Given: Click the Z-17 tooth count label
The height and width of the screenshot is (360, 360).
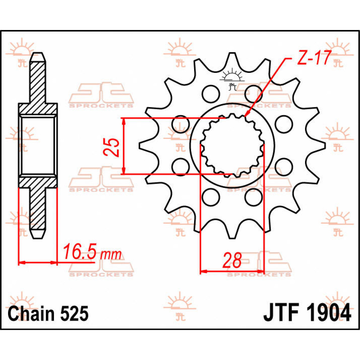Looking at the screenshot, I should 314,58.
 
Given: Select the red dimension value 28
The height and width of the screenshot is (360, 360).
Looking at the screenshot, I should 232,260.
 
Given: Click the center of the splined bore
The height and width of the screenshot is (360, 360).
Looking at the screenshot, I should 232,145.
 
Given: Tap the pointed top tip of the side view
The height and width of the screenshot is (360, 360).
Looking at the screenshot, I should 38,54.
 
